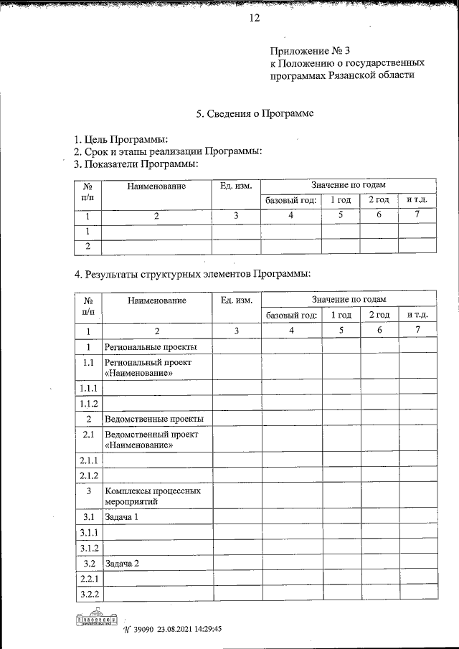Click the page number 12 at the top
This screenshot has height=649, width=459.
tap(254, 18)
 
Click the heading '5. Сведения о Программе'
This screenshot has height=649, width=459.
tap(255, 113)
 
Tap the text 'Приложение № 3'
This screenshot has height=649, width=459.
tap(311, 51)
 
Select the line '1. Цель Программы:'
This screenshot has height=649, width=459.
tap(121, 139)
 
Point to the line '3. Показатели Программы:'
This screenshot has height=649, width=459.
tap(136, 164)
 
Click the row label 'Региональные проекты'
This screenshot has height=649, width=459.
tap(151, 347)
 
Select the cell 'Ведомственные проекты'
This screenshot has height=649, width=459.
tap(153, 419)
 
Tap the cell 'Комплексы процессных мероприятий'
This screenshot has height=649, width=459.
tap(152, 496)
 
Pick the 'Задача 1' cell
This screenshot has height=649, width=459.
tap(121, 517)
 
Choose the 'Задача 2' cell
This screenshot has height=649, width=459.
tap(121, 563)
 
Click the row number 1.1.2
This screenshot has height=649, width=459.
tap(89, 403)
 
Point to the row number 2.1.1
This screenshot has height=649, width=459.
tap(89, 460)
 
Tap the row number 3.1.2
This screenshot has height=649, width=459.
tap(89, 548)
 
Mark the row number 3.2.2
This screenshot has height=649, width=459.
tap(89, 594)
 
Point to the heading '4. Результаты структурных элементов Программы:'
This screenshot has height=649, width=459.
tap(192, 274)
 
